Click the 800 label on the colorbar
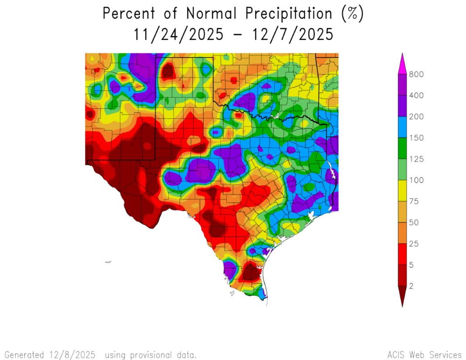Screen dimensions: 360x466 [416, 74]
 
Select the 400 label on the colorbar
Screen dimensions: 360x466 [416, 96]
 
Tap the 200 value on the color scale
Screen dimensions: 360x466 [416, 117]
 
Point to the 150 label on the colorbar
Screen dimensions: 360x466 [416, 138]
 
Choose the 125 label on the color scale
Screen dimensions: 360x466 [416, 159]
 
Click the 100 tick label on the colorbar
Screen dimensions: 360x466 [416, 180]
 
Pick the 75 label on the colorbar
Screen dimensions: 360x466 [415, 202]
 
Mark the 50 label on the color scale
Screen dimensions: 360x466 [415, 223]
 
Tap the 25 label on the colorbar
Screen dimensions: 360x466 [415, 244]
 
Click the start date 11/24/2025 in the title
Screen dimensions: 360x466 [178, 35]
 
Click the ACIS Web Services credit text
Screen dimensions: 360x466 [424, 355]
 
